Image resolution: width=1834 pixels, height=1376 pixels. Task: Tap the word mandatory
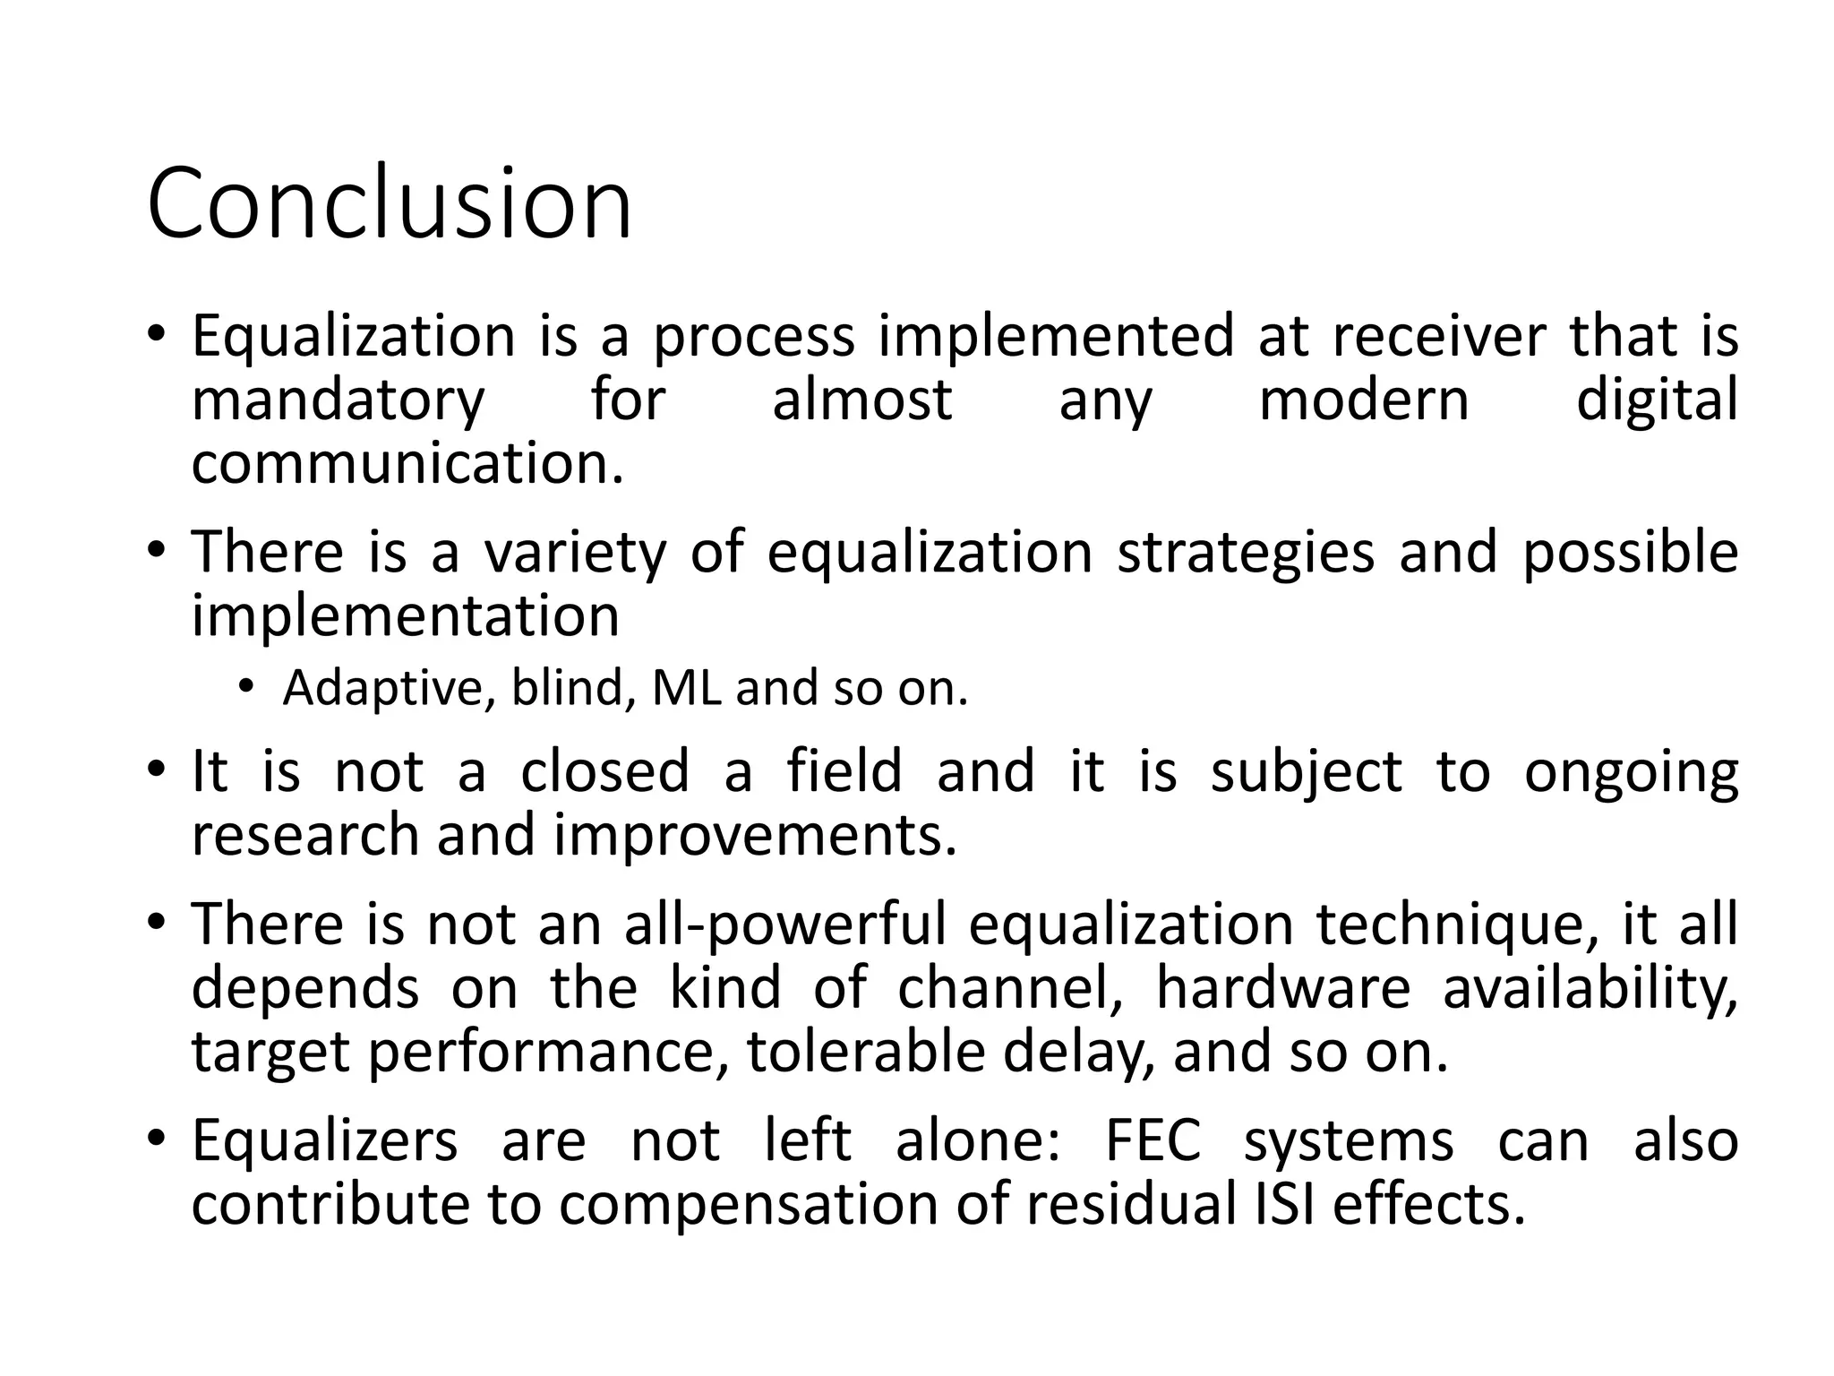click(x=338, y=400)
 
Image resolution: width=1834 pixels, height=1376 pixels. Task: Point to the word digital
click(x=1657, y=400)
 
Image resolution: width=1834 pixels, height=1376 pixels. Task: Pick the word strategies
click(x=1246, y=552)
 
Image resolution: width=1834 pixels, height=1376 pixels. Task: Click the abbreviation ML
click(x=687, y=688)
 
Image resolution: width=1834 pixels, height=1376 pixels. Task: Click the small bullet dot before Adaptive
click(x=246, y=687)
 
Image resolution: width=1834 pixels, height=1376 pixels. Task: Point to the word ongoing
click(x=1631, y=772)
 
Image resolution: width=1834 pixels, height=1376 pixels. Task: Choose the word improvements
click(x=756, y=836)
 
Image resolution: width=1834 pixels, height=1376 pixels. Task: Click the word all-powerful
click(x=784, y=925)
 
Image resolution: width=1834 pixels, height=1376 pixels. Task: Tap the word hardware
click(x=1283, y=988)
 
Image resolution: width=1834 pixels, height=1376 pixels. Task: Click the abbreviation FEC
click(x=1153, y=1141)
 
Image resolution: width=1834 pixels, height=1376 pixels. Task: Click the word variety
click(x=575, y=552)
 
